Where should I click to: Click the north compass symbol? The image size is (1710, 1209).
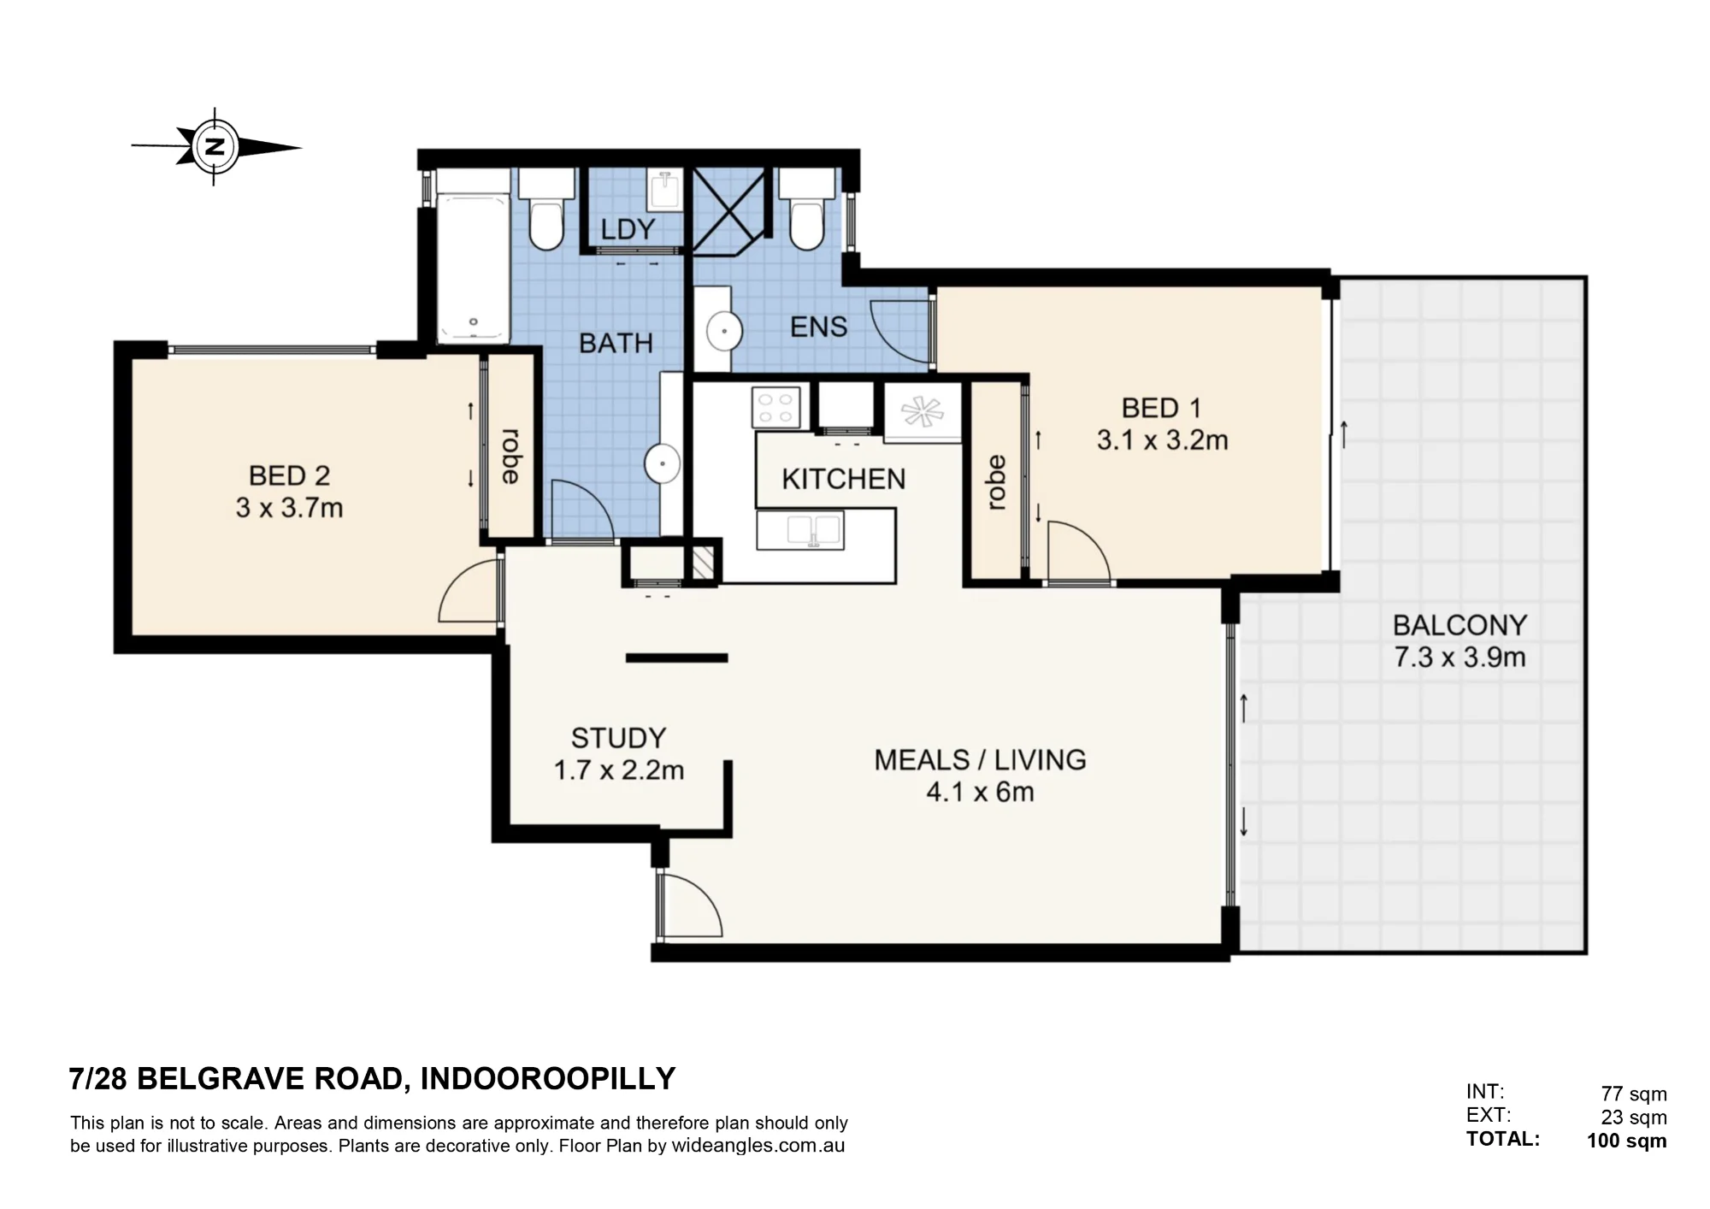(215, 146)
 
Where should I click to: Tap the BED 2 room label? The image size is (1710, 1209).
(289, 475)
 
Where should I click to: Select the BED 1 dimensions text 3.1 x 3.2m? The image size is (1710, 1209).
(1162, 440)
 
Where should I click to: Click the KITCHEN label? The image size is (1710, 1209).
(843, 479)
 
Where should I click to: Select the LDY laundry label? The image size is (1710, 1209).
(628, 229)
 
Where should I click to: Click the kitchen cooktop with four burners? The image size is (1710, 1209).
(776, 407)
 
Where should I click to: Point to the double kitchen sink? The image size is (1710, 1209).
(800, 530)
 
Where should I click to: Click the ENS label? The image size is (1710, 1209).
(818, 327)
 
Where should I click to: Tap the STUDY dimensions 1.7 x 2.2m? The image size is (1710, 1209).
(618, 770)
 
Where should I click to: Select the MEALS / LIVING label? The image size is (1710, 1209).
(980, 759)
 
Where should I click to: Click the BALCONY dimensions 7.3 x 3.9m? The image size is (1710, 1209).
(1459, 658)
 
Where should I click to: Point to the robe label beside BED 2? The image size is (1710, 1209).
(510, 457)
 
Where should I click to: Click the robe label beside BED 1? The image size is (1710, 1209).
(996, 483)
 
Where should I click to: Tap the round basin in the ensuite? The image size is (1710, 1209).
(724, 330)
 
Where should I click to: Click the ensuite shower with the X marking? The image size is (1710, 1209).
(728, 211)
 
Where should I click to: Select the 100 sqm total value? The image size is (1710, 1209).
(1626, 1141)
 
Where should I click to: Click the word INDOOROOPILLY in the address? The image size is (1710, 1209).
(548, 1079)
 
